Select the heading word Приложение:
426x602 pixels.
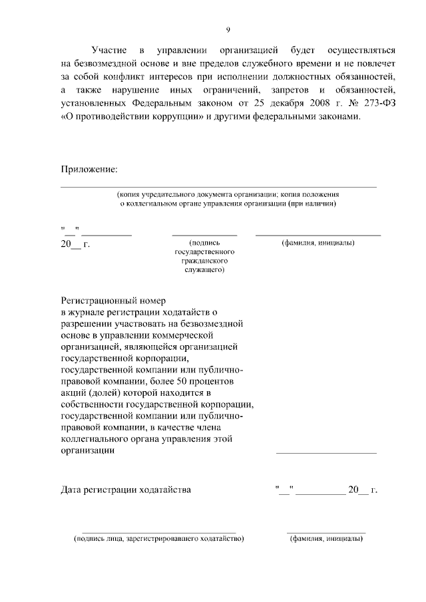click(x=89, y=170)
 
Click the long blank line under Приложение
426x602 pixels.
click(x=219, y=186)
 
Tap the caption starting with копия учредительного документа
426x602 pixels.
click(x=228, y=194)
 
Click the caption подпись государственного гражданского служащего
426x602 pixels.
click(x=204, y=257)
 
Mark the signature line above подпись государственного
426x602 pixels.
click(x=204, y=235)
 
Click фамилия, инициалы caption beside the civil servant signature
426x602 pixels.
click(x=318, y=243)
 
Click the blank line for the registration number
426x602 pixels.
click(x=326, y=452)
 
